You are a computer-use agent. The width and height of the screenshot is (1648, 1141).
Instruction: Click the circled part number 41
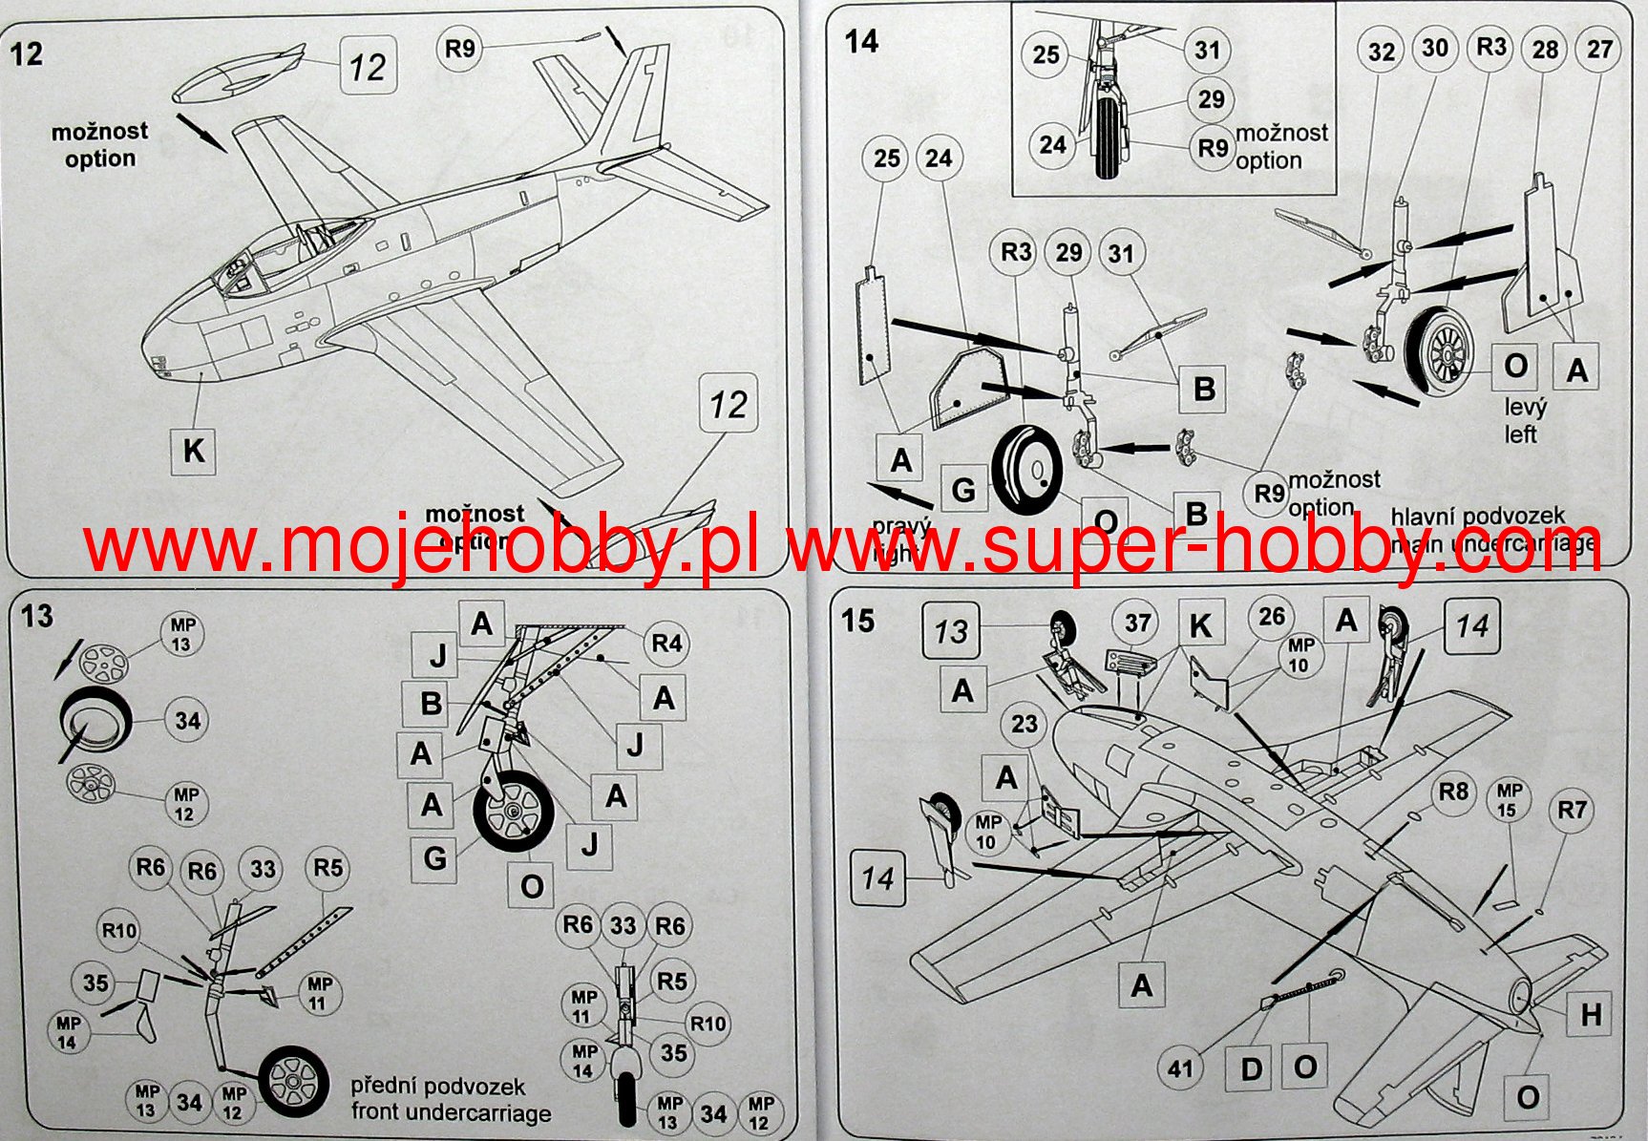(x=1181, y=1067)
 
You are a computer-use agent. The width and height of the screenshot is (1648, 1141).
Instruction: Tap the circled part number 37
(x=1136, y=623)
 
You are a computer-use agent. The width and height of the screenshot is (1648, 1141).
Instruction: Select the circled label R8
(x=1453, y=792)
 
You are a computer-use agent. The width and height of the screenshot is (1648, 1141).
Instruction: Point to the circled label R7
(x=1572, y=811)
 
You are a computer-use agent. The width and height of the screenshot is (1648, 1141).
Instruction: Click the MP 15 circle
(x=1509, y=800)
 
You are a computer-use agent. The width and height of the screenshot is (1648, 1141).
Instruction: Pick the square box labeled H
(x=1590, y=1014)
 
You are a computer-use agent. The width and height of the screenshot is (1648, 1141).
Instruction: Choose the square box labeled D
(x=1251, y=1068)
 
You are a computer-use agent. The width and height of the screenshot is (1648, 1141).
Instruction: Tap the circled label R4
(x=666, y=644)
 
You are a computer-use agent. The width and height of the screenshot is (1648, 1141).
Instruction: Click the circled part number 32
(x=1382, y=52)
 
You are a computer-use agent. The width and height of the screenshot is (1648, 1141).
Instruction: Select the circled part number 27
(x=1599, y=50)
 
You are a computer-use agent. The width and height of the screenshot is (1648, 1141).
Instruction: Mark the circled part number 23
(x=1024, y=724)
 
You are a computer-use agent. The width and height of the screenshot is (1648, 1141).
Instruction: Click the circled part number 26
(x=1271, y=617)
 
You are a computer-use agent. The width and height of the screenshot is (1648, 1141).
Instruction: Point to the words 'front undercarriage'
(x=451, y=1112)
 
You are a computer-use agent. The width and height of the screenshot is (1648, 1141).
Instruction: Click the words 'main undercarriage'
(x=1494, y=543)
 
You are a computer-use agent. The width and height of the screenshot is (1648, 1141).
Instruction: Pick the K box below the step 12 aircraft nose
(x=193, y=451)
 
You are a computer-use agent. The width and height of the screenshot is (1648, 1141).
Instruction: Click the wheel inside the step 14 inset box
(x=1108, y=138)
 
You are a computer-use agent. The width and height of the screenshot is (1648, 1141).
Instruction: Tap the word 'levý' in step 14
(x=1525, y=408)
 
